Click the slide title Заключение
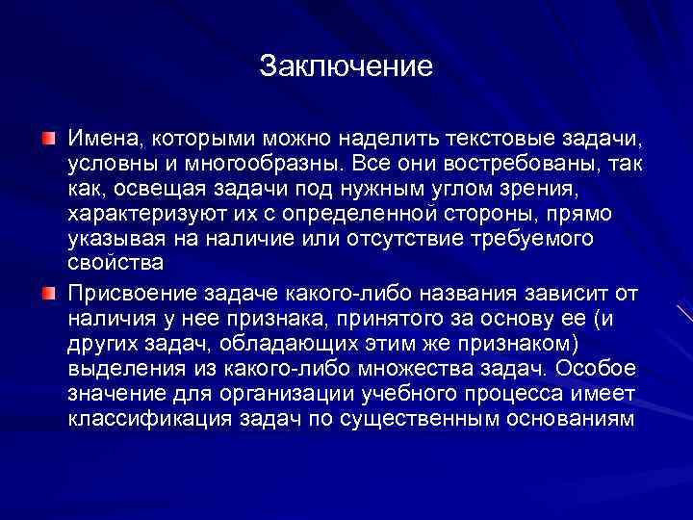pyautogui.click(x=346, y=66)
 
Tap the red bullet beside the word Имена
pyautogui.click(x=48, y=141)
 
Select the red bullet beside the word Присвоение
pyautogui.click(x=48, y=292)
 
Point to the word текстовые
pyautogui.click(x=490, y=141)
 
